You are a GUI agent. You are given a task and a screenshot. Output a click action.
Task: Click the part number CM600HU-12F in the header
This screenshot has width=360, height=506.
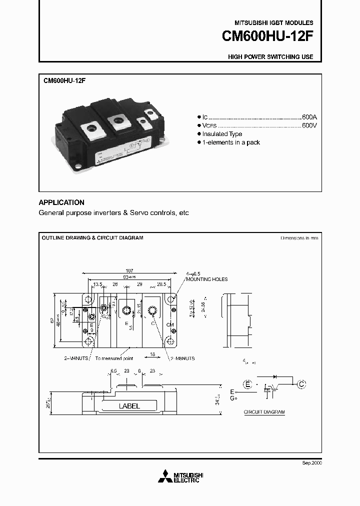tap(267, 38)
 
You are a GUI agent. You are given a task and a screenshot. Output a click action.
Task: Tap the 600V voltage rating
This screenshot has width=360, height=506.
tap(309, 125)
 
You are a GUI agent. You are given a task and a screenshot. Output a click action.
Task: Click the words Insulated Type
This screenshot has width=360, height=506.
tap(222, 134)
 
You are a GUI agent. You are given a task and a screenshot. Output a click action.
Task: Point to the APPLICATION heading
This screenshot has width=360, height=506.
tap(61, 202)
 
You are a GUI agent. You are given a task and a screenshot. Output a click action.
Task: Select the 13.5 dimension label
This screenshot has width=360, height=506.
tap(98, 284)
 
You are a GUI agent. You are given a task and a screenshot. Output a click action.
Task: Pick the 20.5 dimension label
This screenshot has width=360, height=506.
tap(161, 284)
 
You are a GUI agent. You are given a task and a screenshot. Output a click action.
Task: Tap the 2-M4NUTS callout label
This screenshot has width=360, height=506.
tap(77, 358)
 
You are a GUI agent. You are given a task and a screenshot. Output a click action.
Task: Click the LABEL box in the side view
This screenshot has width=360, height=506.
tap(129, 406)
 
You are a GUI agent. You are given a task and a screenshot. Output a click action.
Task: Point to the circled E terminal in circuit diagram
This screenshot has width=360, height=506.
tap(247, 384)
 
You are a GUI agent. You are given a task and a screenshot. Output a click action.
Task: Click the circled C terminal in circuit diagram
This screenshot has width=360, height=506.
tap(301, 384)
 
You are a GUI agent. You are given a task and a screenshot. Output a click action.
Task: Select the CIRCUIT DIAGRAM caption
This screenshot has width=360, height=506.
tap(264, 412)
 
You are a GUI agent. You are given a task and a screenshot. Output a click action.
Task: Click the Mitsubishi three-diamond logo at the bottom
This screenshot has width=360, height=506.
tap(164, 476)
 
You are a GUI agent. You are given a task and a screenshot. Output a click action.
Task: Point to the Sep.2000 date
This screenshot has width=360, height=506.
tap(312, 463)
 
